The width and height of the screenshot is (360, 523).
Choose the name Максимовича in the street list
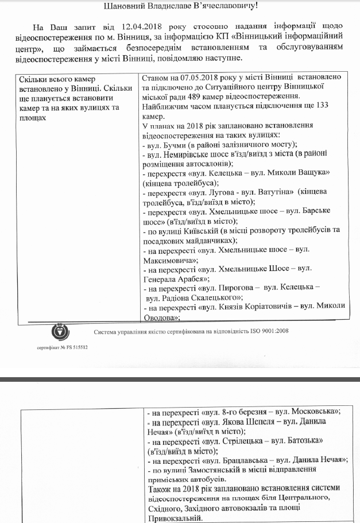coord(169,259)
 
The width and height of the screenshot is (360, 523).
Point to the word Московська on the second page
coord(316,412)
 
